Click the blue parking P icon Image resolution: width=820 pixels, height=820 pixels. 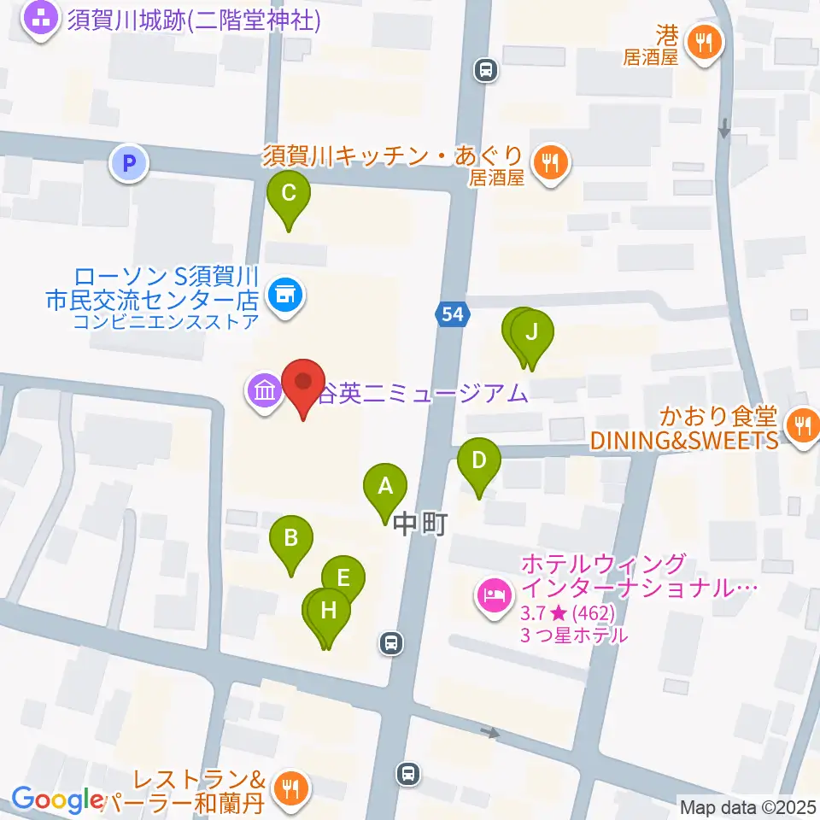(130, 163)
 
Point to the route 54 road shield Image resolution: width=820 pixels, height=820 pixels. (453, 314)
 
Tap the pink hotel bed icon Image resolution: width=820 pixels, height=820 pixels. (494, 593)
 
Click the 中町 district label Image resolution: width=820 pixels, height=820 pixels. (421, 523)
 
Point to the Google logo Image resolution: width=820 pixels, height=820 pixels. (57, 800)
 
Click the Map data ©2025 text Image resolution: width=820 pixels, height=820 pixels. (747, 806)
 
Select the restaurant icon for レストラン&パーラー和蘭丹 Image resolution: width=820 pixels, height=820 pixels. (291, 787)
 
